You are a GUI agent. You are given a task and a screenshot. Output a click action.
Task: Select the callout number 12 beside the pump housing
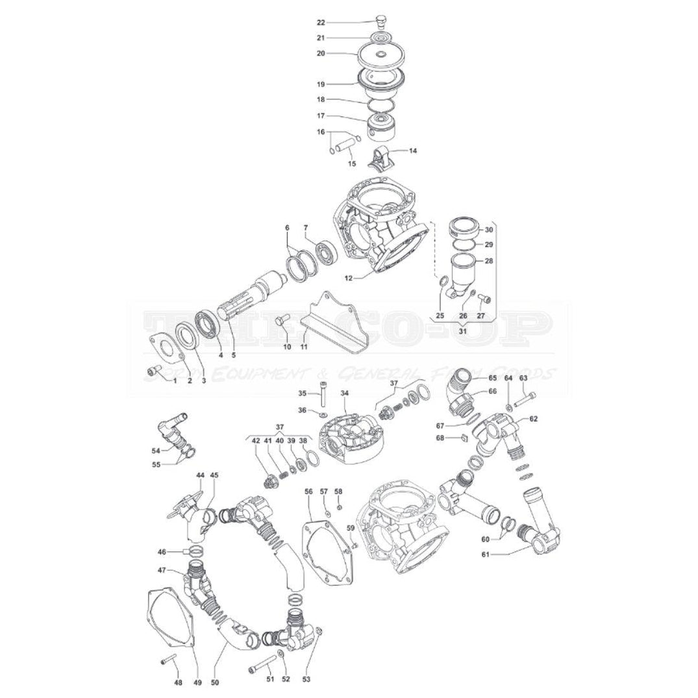pos(349,278)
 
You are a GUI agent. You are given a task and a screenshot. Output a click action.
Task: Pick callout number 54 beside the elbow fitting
pos(156,450)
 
